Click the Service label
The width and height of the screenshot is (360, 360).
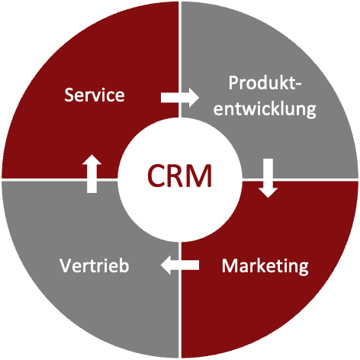point(95,95)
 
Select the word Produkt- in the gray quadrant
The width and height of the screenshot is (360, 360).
point(265,83)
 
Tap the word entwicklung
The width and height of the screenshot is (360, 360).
point(265,109)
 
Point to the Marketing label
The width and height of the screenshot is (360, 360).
point(265,267)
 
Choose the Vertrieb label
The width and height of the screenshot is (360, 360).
point(95,265)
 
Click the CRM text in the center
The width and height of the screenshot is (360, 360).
point(179,176)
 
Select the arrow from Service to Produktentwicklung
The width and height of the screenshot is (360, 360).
point(180,98)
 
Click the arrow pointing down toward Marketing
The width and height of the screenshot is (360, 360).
point(268,178)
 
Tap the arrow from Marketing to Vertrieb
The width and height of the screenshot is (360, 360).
point(180,265)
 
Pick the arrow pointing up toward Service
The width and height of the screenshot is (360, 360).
point(92,174)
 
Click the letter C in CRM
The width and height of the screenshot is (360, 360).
point(156,176)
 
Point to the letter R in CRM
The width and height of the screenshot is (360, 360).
point(177,176)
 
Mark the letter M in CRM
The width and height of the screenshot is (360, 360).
point(201,176)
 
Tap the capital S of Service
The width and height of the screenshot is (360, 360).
point(69,95)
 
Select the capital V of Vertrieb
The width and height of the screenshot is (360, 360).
point(66,265)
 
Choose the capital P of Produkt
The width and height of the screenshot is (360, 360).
point(233,82)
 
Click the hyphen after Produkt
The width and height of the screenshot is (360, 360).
point(298,85)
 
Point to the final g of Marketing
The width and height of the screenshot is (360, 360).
point(304,269)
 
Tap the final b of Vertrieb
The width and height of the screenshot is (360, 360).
point(124,265)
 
